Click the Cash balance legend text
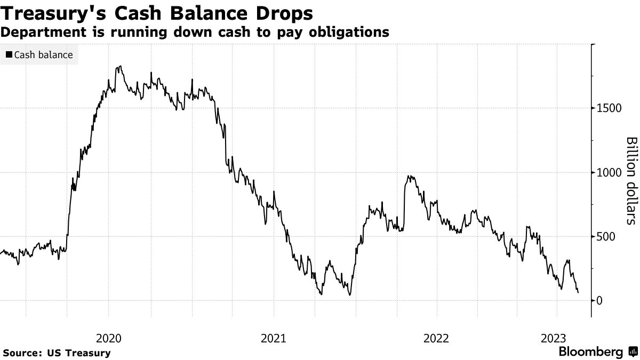pyautogui.click(x=44, y=55)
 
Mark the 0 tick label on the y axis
pyautogui.click(x=600, y=301)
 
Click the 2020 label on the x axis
pyautogui.click(x=109, y=338)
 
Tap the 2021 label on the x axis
pyautogui.click(x=274, y=338)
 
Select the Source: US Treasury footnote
pyautogui.click(x=56, y=353)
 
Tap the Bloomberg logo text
pyautogui.click(x=590, y=352)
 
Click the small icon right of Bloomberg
pyautogui.click(x=633, y=352)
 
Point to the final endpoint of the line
pyautogui.click(x=579, y=292)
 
